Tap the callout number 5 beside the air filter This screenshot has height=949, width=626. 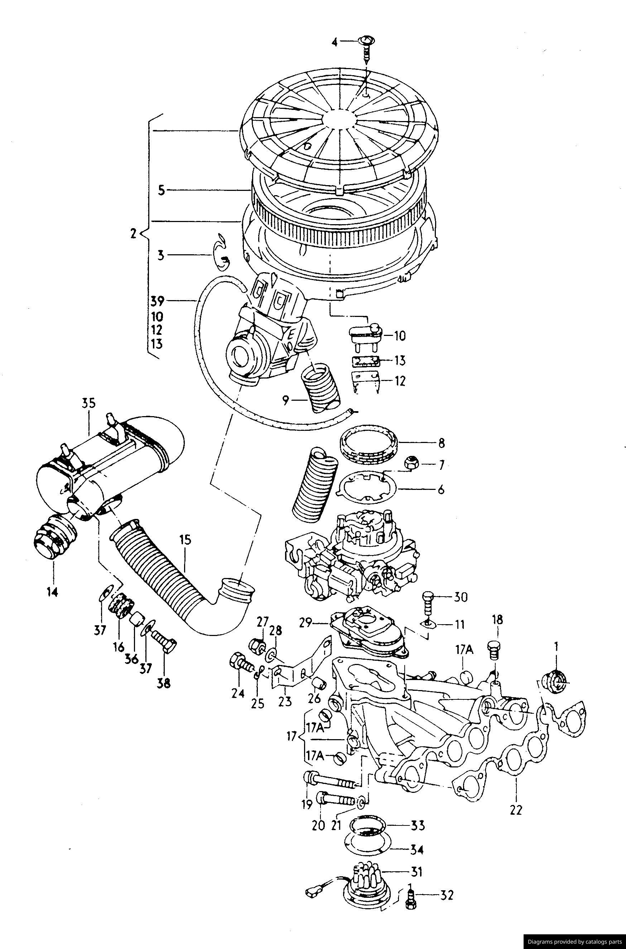pyautogui.click(x=161, y=191)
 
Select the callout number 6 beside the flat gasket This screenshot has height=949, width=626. pyautogui.click(x=441, y=489)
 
